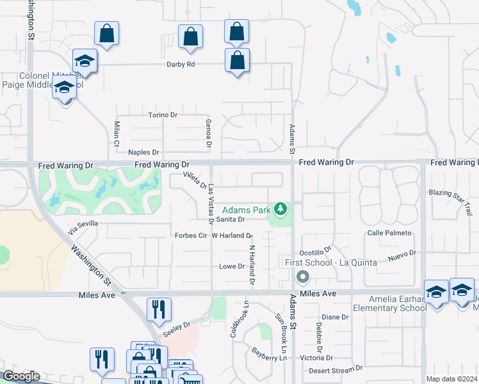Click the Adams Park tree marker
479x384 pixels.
pos(279,209)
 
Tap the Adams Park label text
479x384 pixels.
pos(246,210)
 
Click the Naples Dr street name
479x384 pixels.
pos(143,152)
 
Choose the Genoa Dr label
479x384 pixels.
pos(209,132)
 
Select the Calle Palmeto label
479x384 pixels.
pos(389,233)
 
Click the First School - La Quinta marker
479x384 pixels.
pos(302,277)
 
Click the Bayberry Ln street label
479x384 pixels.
pos(268,354)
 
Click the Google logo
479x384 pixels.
pos(21,376)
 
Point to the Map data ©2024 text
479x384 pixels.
pos(451,379)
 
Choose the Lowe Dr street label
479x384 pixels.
pos(232,266)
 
